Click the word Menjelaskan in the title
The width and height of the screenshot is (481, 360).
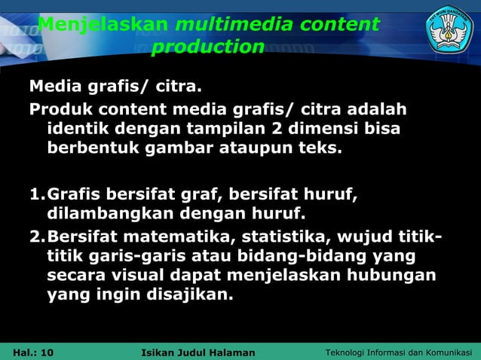pos(103,25)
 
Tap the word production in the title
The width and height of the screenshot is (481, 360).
pos(208,47)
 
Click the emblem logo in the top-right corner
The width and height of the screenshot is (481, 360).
pos(449,29)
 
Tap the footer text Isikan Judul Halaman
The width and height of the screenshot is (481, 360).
pos(198,352)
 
